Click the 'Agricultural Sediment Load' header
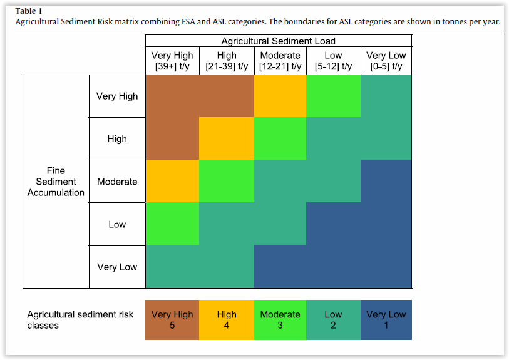(x=279, y=41)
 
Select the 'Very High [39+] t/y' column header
(x=172, y=61)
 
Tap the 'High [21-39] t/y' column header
(x=227, y=61)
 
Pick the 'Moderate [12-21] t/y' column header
(x=280, y=61)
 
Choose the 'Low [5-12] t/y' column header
(x=334, y=61)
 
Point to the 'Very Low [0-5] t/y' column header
(x=386, y=61)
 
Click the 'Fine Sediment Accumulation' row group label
(x=56, y=182)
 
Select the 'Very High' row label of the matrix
(x=117, y=96)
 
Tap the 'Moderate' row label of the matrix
(x=117, y=182)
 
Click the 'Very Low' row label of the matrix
(x=117, y=267)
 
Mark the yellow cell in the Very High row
(x=280, y=96)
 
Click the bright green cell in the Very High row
(x=334, y=96)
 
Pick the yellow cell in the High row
(x=227, y=139)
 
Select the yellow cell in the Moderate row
(x=172, y=182)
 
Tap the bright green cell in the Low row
(x=172, y=224)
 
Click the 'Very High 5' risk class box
(x=172, y=320)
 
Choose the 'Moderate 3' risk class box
(x=280, y=320)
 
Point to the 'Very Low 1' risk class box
(x=386, y=320)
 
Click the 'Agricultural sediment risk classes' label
(x=80, y=320)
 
